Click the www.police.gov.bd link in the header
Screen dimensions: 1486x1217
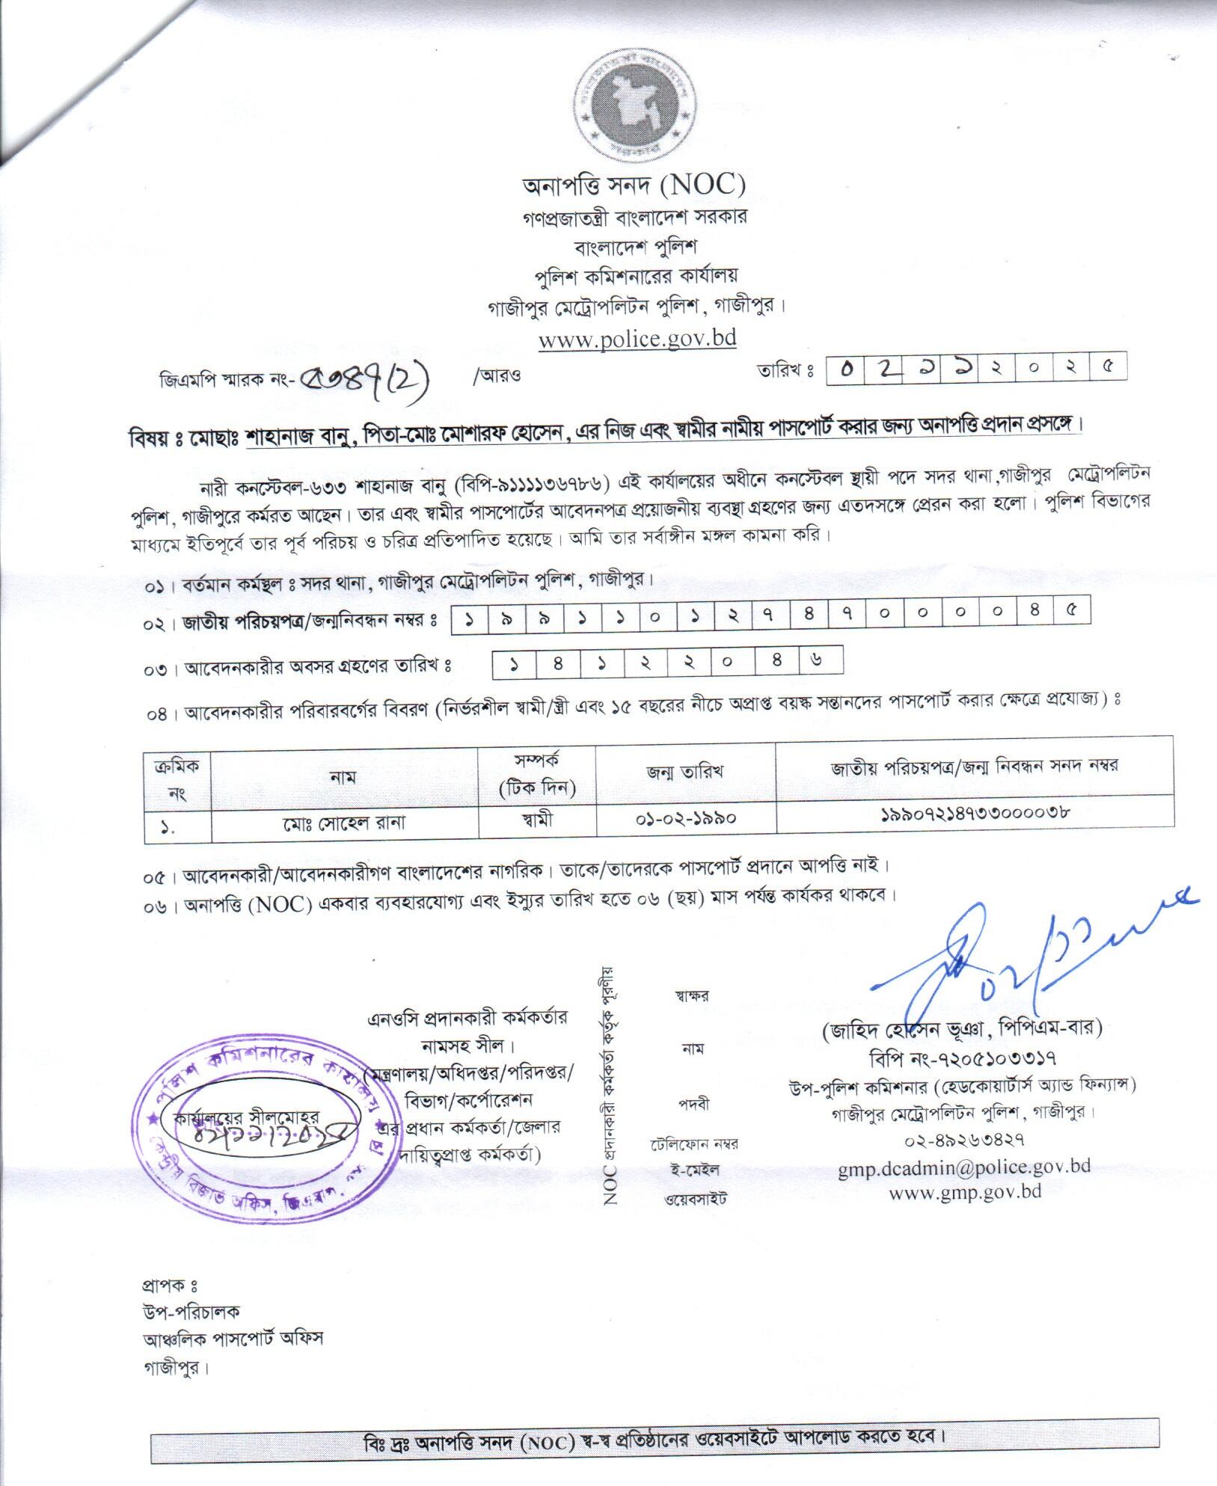tap(637, 339)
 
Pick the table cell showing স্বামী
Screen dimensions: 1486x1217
tap(537, 820)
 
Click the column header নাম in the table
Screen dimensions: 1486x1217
tap(343, 777)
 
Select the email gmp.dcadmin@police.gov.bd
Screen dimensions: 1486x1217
tap(963, 1166)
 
